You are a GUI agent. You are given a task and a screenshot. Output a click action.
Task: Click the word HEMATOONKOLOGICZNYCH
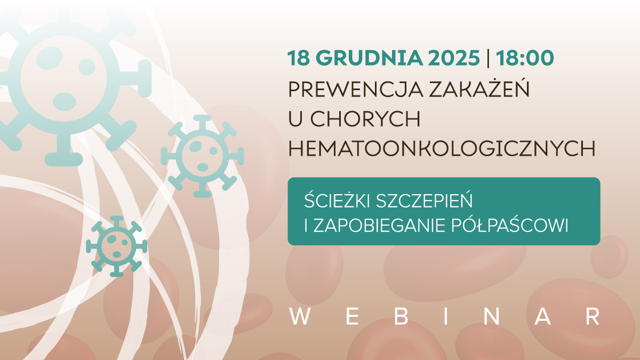pos(442,149)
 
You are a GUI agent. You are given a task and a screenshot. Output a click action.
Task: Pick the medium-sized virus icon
pos(202,155)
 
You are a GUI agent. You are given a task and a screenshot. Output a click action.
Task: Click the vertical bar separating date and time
pos(489,58)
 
